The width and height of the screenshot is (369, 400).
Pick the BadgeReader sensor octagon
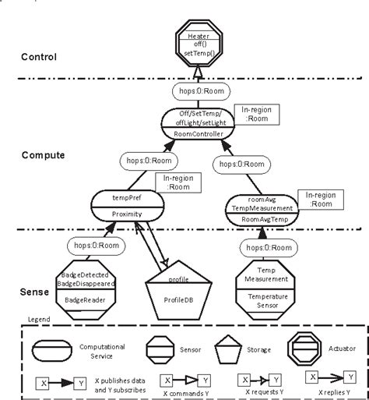click(87, 288)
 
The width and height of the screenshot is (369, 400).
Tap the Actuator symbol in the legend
click(306, 347)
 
